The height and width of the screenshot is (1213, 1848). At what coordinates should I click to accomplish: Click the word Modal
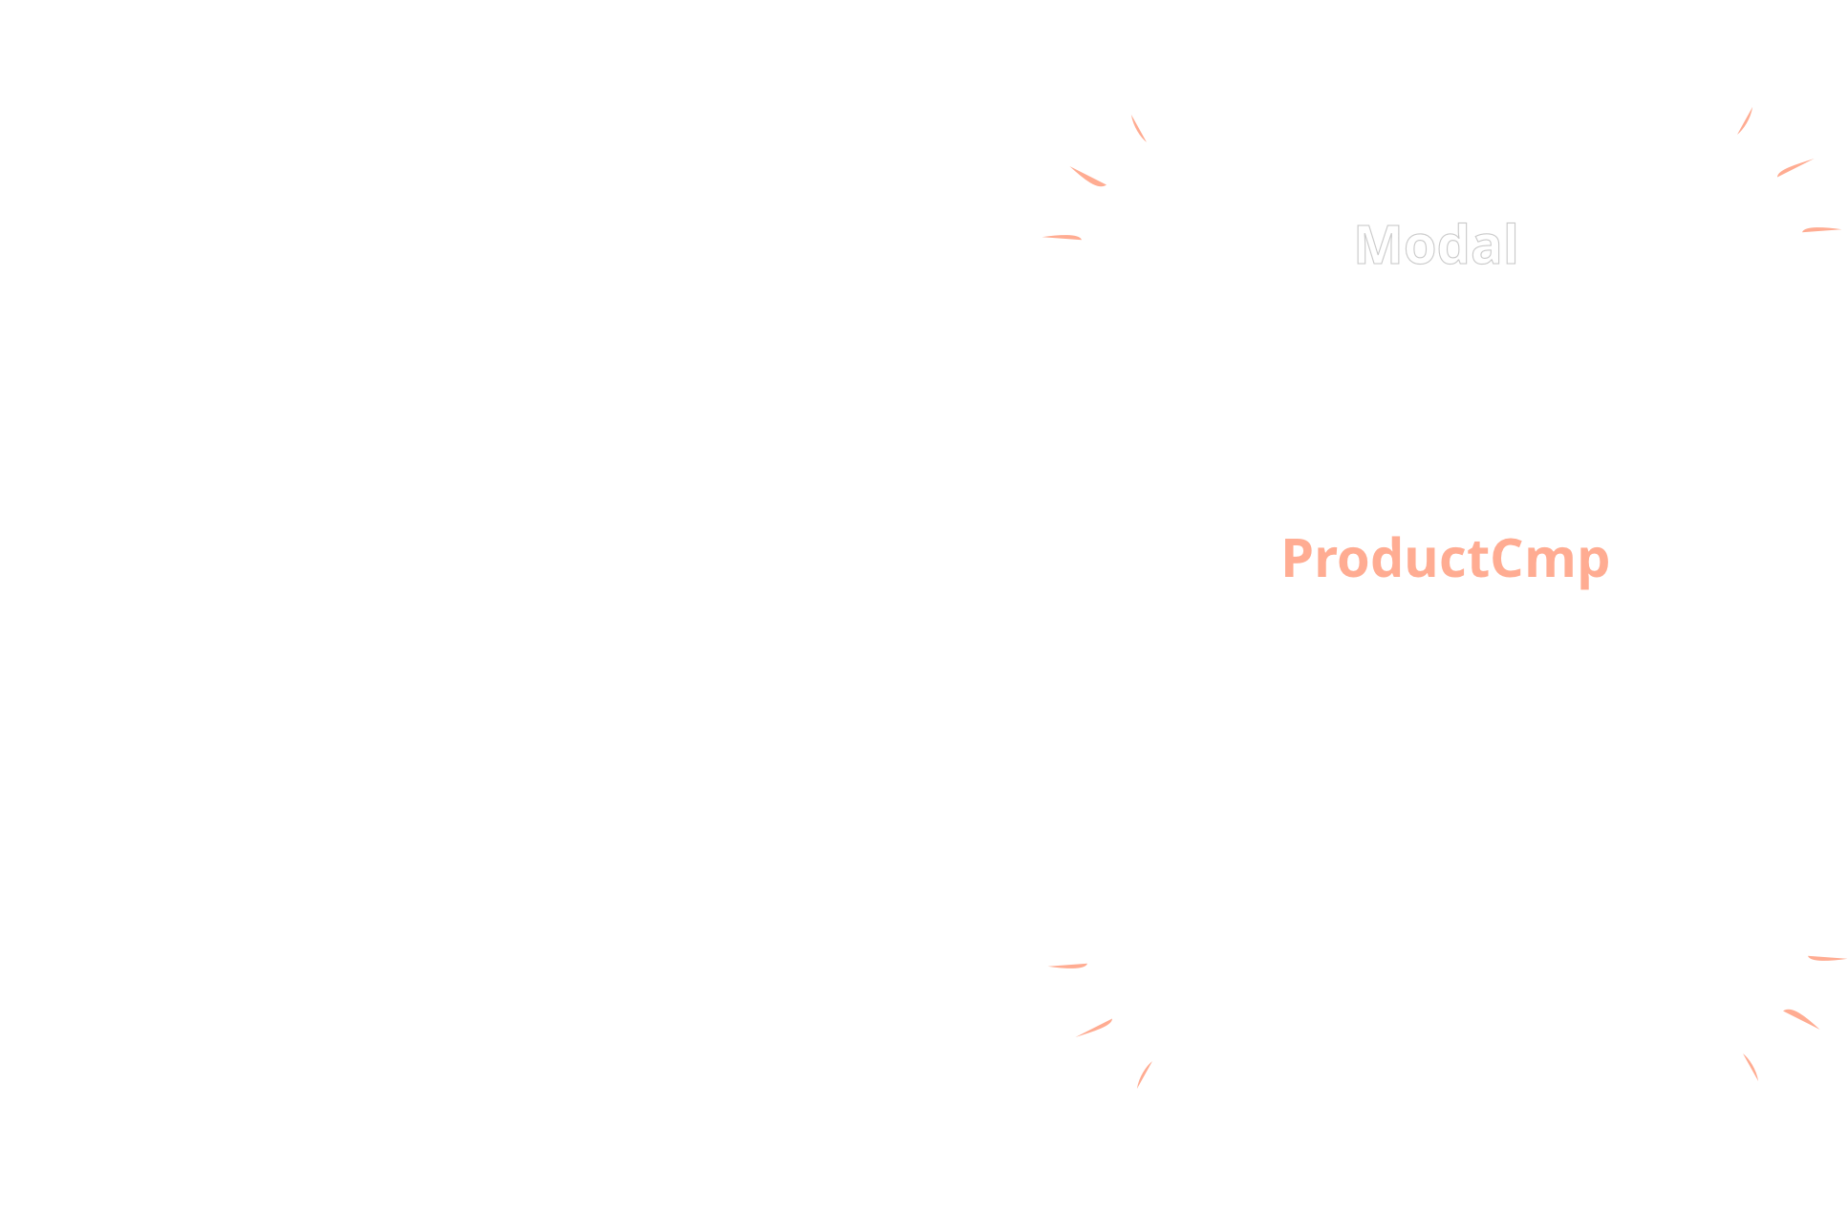coord(1435,245)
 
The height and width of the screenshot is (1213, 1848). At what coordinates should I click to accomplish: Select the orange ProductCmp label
coord(1445,559)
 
